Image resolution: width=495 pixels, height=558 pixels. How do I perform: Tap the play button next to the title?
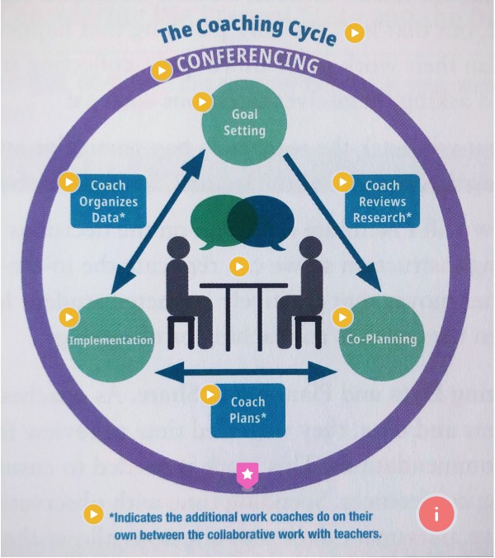(x=355, y=33)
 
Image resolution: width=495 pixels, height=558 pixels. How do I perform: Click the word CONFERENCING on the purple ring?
(x=247, y=64)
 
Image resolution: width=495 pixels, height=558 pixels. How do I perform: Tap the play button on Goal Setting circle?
(x=201, y=102)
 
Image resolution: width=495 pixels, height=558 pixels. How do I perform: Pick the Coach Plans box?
(x=247, y=409)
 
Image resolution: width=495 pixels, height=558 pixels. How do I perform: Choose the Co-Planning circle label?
(x=381, y=339)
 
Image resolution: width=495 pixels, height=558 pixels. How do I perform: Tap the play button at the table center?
(x=239, y=267)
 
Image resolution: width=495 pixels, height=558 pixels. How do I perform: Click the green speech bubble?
(x=216, y=220)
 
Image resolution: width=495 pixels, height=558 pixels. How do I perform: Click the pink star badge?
(x=247, y=474)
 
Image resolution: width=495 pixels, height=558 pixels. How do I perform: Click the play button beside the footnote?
(x=96, y=513)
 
